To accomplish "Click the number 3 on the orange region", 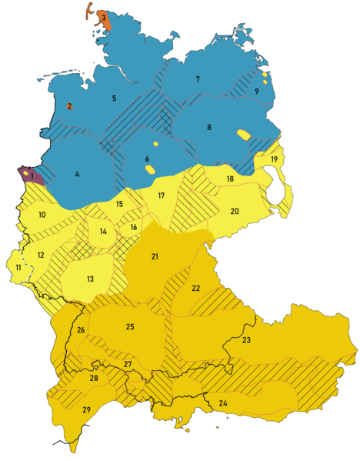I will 103,17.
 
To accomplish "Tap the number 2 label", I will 69,106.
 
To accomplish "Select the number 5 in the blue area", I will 114,99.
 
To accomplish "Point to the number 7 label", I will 198,79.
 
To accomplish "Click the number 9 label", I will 257,92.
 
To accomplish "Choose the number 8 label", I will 208,127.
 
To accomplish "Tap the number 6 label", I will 146,159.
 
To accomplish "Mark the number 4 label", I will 77,174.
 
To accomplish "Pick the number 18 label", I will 229,179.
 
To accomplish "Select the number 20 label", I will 235,211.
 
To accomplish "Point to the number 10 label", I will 42,215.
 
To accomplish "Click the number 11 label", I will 18,267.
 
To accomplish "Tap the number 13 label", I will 90,279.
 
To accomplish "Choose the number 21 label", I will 155,256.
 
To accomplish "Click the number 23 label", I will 246,339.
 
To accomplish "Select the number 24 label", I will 223,403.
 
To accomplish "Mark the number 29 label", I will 86,409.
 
